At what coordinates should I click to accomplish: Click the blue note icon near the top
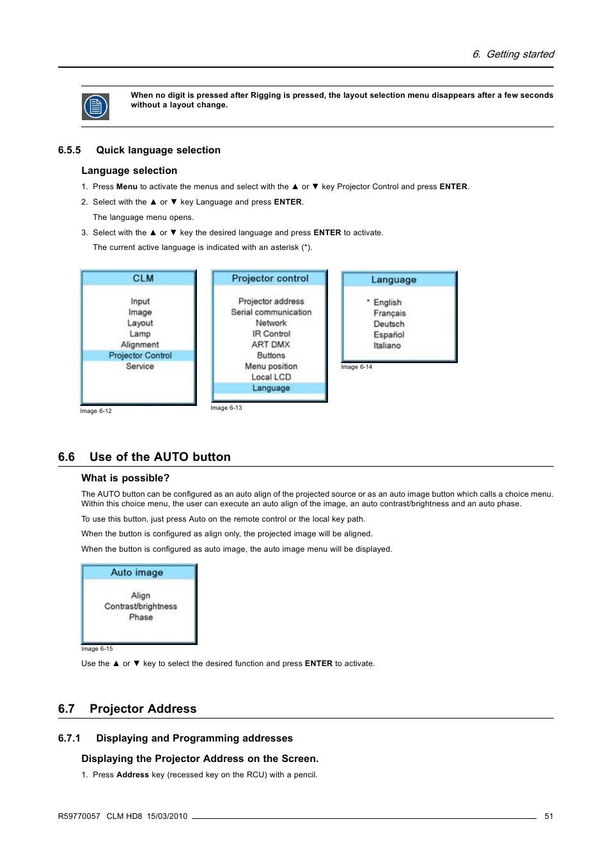95,106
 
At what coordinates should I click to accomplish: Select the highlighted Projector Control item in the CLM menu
140,355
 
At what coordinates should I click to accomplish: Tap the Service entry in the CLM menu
140,366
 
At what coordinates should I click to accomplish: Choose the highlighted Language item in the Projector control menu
271,388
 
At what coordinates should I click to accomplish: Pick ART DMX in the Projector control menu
271,345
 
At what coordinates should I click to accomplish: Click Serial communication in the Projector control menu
271,312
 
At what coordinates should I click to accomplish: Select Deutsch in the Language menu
389,324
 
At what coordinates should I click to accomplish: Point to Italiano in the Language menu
387,346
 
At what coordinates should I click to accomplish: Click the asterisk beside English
368,300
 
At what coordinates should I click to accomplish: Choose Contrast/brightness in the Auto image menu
141,607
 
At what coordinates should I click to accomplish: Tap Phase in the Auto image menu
141,618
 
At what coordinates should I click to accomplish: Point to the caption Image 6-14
356,367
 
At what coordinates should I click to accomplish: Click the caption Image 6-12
96,411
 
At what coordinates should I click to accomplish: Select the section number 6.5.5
69,150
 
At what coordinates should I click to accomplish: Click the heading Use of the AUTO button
160,457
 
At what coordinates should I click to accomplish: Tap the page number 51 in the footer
549,816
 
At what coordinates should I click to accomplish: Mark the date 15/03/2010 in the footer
167,816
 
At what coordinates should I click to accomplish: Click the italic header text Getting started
520,54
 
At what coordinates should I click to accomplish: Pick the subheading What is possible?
125,478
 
